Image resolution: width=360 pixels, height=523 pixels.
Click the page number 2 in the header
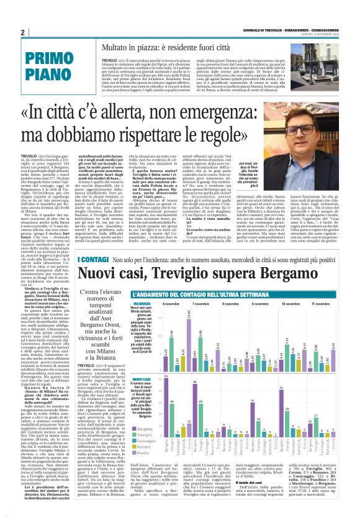click(x=22, y=32)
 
